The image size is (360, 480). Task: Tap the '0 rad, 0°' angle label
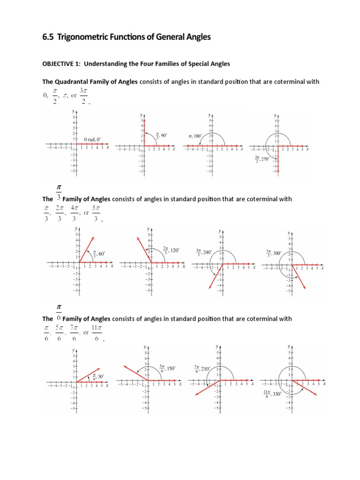(92, 139)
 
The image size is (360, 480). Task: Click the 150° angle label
(167, 368)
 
